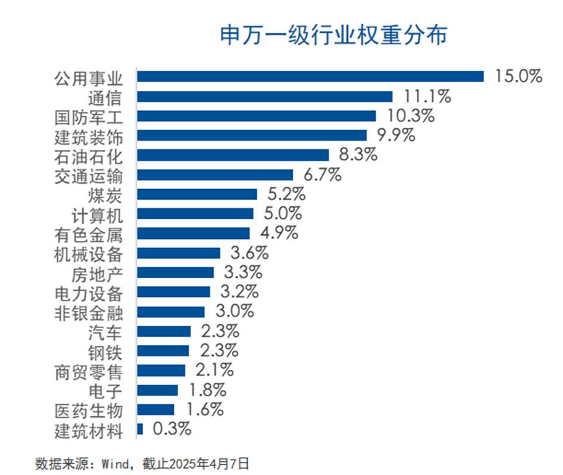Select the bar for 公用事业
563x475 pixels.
pos(310,77)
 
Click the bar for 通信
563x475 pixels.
pos(265,96)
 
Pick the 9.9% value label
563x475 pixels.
pos(393,136)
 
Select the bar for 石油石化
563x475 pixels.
pos(233,155)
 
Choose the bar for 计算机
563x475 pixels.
pos(195,213)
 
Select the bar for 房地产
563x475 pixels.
pos(176,272)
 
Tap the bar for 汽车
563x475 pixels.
pos(164,331)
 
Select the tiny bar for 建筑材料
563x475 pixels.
pos(140,429)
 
